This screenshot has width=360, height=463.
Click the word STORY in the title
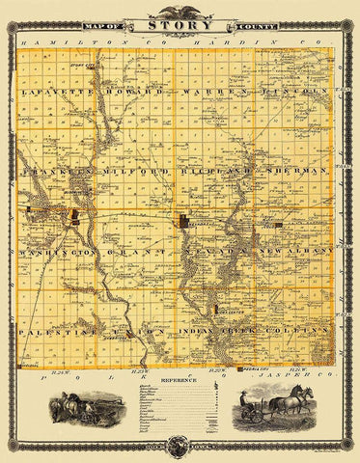tap(180, 28)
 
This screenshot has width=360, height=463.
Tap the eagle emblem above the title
tap(180, 12)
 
